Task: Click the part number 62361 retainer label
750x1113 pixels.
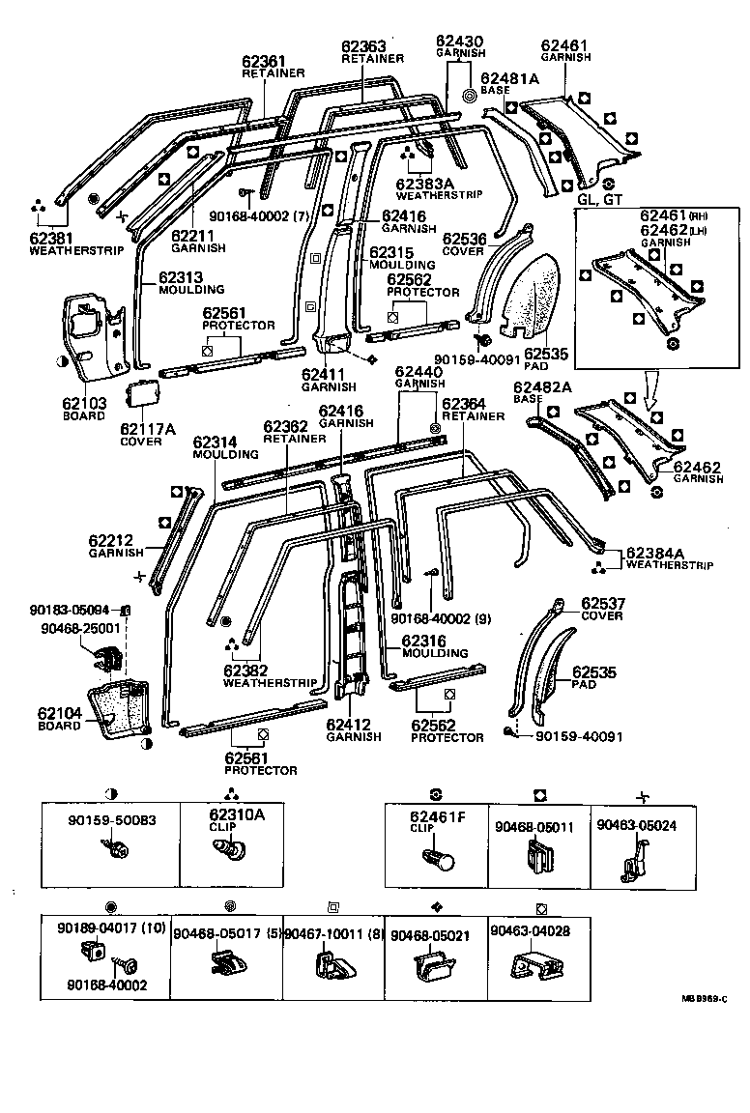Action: (x=263, y=61)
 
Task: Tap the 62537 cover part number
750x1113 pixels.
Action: (x=603, y=604)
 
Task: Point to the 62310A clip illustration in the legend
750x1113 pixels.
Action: (x=229, y=851)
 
